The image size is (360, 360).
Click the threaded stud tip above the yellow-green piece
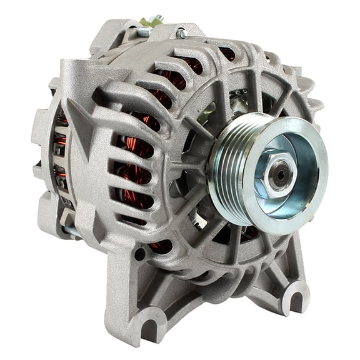159,17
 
